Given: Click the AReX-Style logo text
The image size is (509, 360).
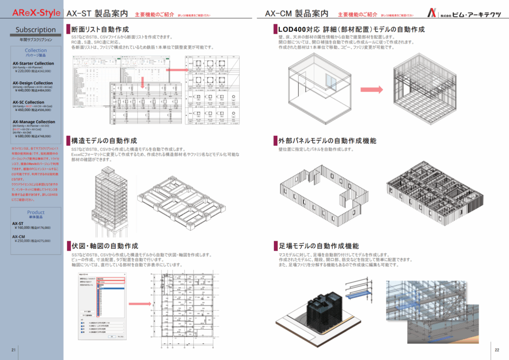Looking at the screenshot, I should point(32,12).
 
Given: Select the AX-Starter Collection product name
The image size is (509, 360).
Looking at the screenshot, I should point(33,64).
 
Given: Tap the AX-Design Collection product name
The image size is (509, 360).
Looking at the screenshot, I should point(32,83).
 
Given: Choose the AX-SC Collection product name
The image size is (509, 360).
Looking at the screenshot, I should point(28,102).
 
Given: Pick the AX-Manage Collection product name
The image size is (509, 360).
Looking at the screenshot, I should point(34,122).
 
